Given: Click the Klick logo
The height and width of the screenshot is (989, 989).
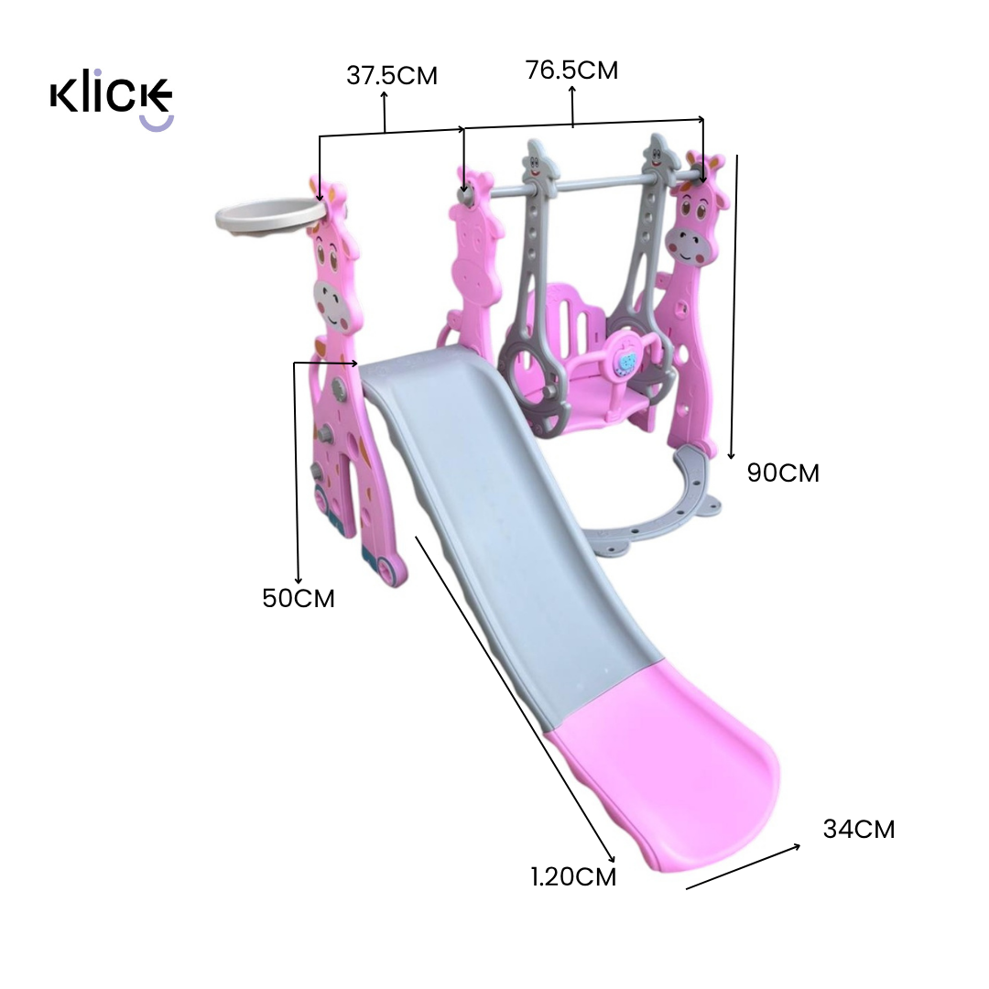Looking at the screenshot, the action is (111, 100).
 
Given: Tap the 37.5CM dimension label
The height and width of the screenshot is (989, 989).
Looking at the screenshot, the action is (392, 76).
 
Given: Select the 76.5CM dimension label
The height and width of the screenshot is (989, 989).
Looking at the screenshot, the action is (572, 70).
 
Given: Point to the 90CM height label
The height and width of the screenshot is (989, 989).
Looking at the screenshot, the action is (783, 473).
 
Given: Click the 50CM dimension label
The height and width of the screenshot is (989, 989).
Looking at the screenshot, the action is (299, 599).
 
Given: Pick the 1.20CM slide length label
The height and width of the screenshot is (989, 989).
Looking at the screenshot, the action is (573, 877).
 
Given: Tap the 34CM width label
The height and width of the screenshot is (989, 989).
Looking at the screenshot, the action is (859, 830).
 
